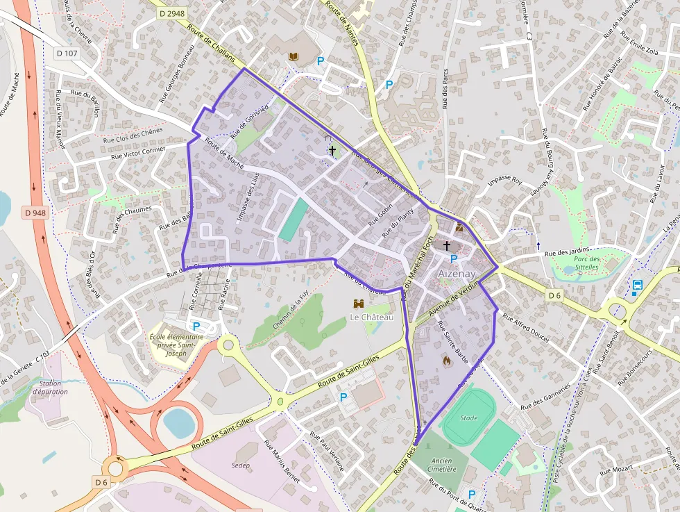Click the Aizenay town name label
456,274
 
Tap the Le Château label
371,317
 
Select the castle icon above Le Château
359,304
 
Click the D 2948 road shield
171,14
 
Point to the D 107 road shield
68,52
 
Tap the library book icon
294,56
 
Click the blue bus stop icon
637,285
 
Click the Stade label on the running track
469,418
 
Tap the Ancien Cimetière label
442,465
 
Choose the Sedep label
241,465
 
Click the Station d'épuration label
53,388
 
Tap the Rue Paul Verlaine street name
327,452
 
